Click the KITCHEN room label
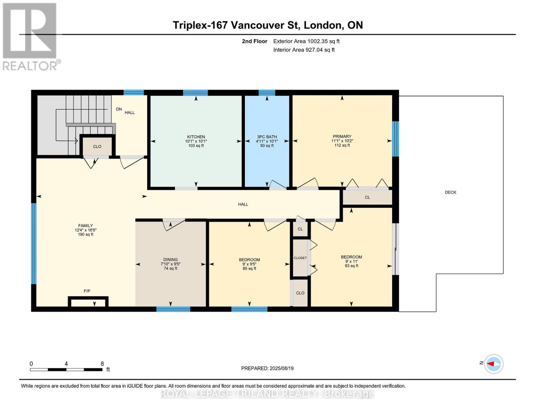pyautogui.click(x=196, y=137)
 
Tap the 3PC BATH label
pyautogui.click(x=267, y=137)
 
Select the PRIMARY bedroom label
pyautogui.click(x=342, y=136)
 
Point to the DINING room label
pyautogui.click(x=171, y=260)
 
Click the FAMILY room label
pyautogui.click(x=85, y=225)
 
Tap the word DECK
pyautogui.click(x=451, y=192)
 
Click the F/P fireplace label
pyautogui.click(x=87, y=291)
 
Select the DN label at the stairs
pyautogui.click(x=119, y=109)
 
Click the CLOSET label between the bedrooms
pyautogui.click(x=300, y=258)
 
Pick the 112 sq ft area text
pyautogui.click(x=342, y=145)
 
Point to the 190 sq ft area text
pyautogui.click(x=85, y=234)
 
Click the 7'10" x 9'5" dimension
pyautogui.click(x=171, y=264)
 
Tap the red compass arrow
pyautogui.click(x=491, y=364)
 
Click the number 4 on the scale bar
pyautogui.click(x=66, y=363)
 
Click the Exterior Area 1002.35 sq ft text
pyautogui.click(x=306, y=41)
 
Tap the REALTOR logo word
pyautogui.click(x=30, y=66)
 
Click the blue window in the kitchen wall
pyautogui.click(x=195, y=93)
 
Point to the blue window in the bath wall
pyautogui.click(x=267, y=93)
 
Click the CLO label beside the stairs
pyautogui.click(x=97, y=147)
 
